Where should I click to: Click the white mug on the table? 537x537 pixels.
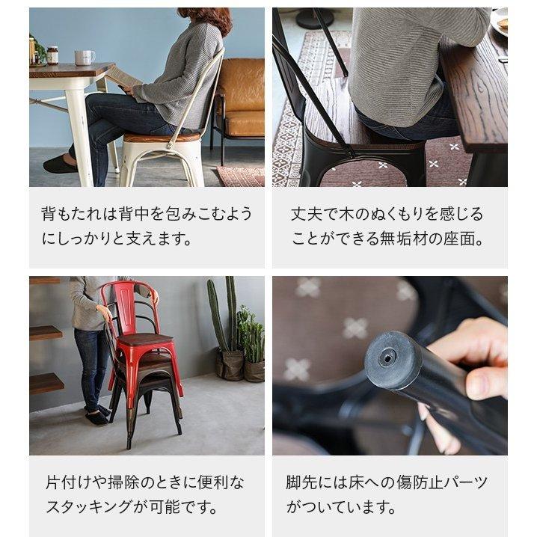click(84, 58)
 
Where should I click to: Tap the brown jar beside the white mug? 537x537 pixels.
click(52, 55)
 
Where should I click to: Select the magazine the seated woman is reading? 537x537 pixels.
click(123, 76)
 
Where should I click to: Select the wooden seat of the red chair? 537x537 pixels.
click(147, 340)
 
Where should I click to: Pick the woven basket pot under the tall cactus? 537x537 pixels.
click(230, 364)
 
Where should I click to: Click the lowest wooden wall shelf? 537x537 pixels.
click(46, 383)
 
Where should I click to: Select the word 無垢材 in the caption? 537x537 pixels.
click(420, 239)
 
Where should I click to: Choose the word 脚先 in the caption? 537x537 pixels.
click(302, 482)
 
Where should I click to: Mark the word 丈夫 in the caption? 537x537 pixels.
click(307, 214)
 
